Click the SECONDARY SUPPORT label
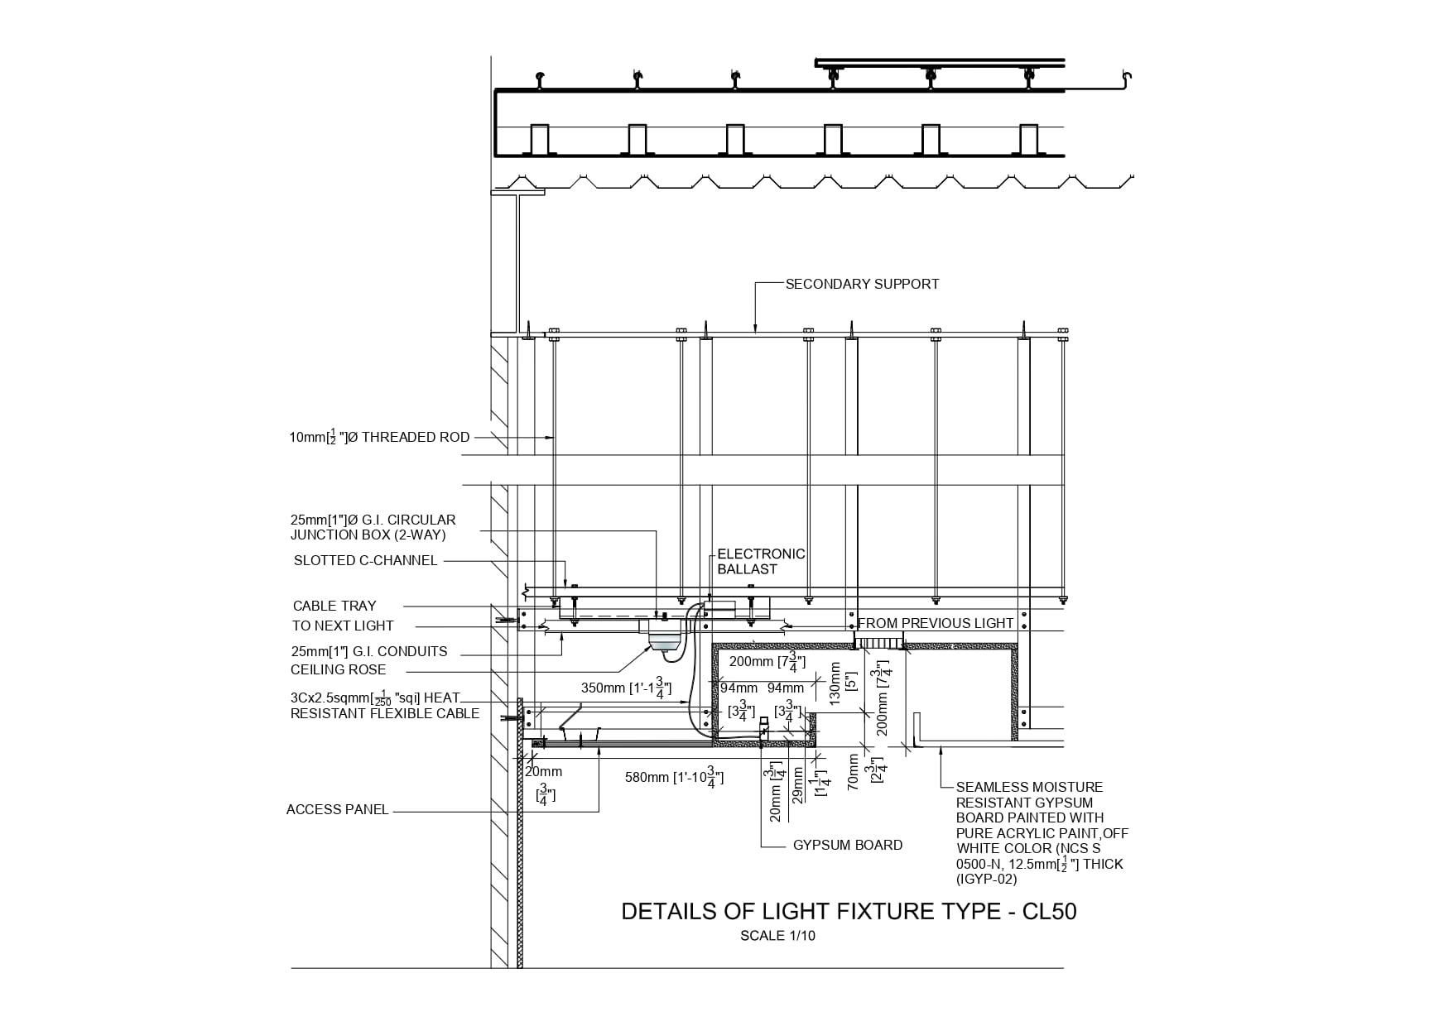coord(862,284)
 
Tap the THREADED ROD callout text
coord(379,437)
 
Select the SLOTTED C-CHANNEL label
coord(365,560)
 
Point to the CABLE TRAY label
coord(334,606)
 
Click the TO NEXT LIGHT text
coord(343,626)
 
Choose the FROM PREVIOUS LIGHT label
coord(936,623)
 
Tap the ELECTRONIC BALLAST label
coord(760,561)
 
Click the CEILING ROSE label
coord(338,669)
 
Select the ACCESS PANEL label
coord(337,809)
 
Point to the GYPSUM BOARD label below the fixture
coord(847,845)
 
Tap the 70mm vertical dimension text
coord(854,772)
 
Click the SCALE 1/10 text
coord(777,936)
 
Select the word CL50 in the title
coord(1049,912)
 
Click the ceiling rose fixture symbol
coord(664,642)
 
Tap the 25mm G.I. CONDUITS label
coord(368,651)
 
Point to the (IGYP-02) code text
coord(986,879)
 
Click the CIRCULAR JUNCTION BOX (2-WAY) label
coord(373,527)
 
